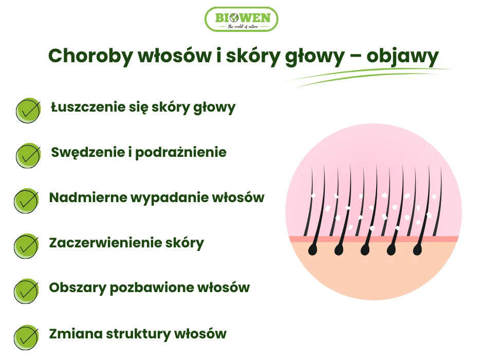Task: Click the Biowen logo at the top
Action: pyautogui.click(x=241, y=19)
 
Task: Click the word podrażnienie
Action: pyautogui.click(x=180, y=153)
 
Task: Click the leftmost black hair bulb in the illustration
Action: pyautogui.click(x=313, y=250)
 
